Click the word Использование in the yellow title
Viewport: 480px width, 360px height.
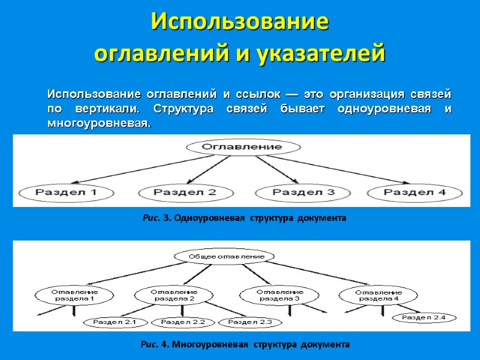240,22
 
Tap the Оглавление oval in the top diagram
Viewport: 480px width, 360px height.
242,146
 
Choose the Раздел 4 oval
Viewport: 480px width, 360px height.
415,193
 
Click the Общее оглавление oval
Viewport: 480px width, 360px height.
227,256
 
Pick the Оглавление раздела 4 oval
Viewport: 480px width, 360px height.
377,294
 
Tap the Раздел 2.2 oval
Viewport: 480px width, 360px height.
182,322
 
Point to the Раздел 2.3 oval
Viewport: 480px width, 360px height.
250,322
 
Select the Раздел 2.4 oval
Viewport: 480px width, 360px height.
424,317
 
